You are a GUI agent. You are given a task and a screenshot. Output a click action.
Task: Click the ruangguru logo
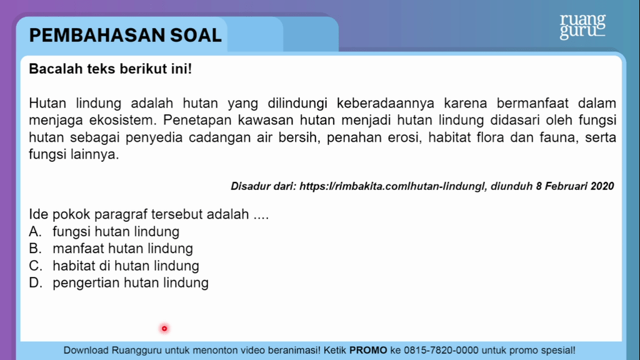pos(582,26)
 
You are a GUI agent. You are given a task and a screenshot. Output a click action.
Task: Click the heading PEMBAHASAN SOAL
pos(125,35)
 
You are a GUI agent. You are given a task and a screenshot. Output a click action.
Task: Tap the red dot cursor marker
pos(164,329)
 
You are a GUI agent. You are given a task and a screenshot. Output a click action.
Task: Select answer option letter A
pos(35,232)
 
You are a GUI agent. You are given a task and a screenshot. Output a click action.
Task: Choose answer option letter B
pos(35,249)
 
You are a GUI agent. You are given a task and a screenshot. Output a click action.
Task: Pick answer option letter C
pos(36,266)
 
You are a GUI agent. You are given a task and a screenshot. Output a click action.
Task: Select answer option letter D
pos(36,283)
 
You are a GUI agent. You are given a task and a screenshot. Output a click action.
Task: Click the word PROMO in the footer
pos(368,350)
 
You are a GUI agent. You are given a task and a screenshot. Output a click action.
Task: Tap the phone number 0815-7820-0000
pos(441,350)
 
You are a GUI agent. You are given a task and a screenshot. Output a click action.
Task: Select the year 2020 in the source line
pos(602,186)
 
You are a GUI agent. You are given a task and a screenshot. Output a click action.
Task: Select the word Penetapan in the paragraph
pos(197,121)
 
